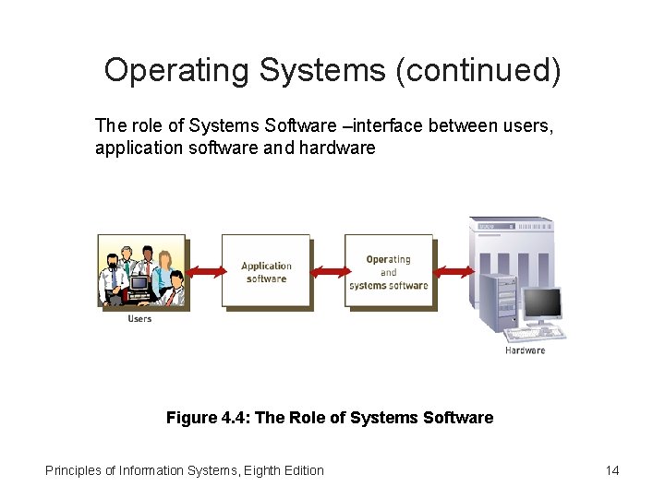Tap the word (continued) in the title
(478, 71)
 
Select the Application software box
(266, 271)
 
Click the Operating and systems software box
(388, 271)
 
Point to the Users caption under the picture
(139, 319)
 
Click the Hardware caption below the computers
(525, 350)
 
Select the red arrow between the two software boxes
(329, 271)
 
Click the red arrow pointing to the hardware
(453, 271)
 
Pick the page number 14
(611, 470)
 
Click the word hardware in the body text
(337, 148)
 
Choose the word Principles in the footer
(73, 470)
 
